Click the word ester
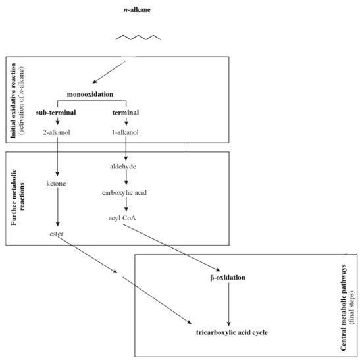tap(55, 233)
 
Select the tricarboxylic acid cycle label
tap(227, 332)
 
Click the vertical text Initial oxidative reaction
tap(13, 99)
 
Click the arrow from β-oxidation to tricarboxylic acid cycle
tap(228, 304)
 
